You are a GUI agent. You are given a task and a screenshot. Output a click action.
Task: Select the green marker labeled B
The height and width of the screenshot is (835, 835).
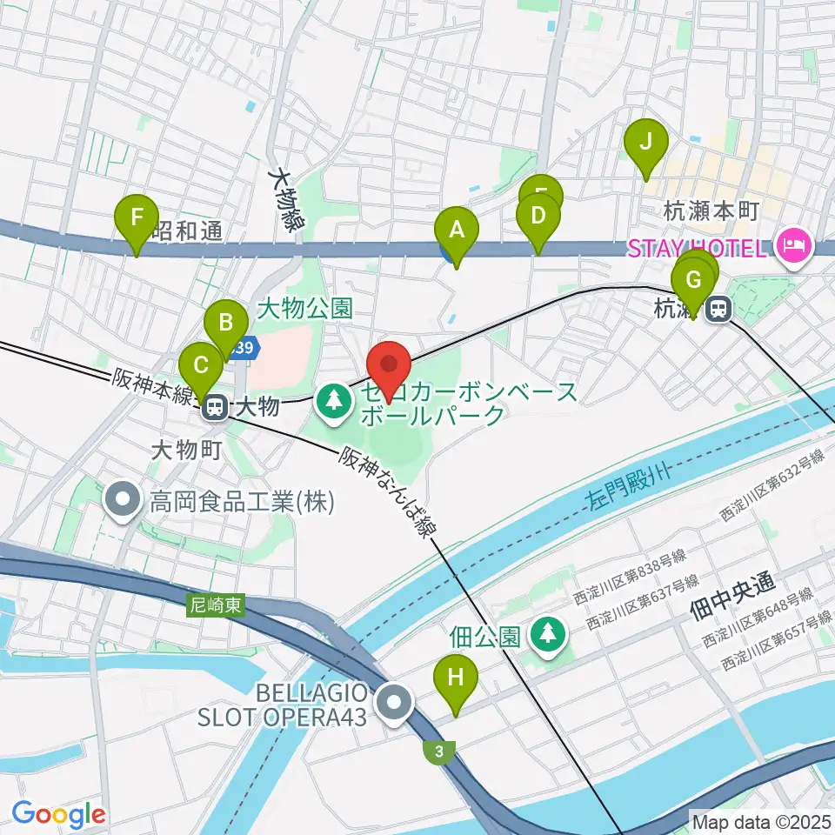(x=225, y=324)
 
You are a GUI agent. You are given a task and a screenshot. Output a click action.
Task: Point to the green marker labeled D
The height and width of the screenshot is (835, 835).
(x=538, y=215)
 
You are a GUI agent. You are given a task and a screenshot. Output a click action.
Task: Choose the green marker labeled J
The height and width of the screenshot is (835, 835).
(x=645, y=141)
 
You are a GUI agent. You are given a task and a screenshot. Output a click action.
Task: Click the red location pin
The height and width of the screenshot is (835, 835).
(x=389, y=364)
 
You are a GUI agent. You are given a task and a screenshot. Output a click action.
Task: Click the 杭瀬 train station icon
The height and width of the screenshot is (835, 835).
(x=718, y=308)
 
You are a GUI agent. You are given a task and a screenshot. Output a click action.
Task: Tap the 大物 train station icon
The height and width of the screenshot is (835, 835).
(x=215, y=406)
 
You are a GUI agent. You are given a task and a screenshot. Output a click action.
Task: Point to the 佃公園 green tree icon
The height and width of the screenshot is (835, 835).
(x=548, y=635)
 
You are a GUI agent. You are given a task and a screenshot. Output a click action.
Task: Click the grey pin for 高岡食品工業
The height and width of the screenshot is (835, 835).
(x=123, y=500)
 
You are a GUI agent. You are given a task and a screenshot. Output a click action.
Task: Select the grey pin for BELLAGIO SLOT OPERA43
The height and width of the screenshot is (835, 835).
(x=396, y=702)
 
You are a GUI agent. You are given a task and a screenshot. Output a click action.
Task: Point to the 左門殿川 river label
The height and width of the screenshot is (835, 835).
(x=617, y=487)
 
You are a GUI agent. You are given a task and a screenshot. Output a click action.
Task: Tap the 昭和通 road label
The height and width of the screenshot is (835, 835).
(x=188, y=230)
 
